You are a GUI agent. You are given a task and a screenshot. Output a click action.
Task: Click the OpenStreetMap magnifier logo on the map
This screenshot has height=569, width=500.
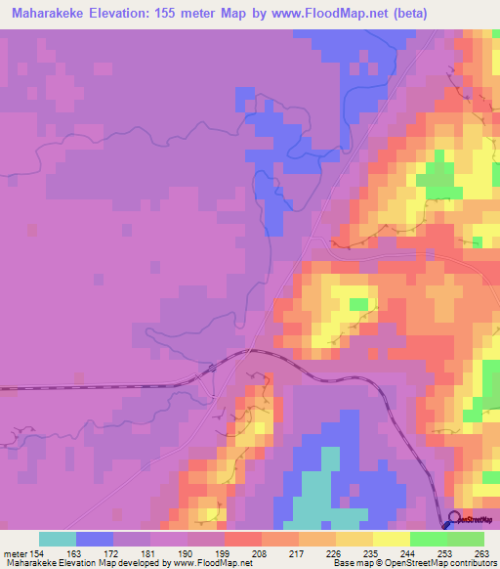(455, 519)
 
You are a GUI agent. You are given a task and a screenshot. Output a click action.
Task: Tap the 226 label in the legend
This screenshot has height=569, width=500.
(335, 553)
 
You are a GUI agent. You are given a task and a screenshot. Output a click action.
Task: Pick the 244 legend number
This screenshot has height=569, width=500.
(409, 553)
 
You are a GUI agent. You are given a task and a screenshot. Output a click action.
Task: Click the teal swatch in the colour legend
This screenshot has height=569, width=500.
(57, 539)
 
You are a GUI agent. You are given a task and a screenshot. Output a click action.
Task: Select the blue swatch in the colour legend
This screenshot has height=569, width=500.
(94, 539)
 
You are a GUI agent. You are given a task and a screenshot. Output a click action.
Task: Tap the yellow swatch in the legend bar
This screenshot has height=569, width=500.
(391, 539)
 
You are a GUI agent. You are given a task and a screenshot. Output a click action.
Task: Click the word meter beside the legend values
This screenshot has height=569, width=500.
(13, 553)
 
